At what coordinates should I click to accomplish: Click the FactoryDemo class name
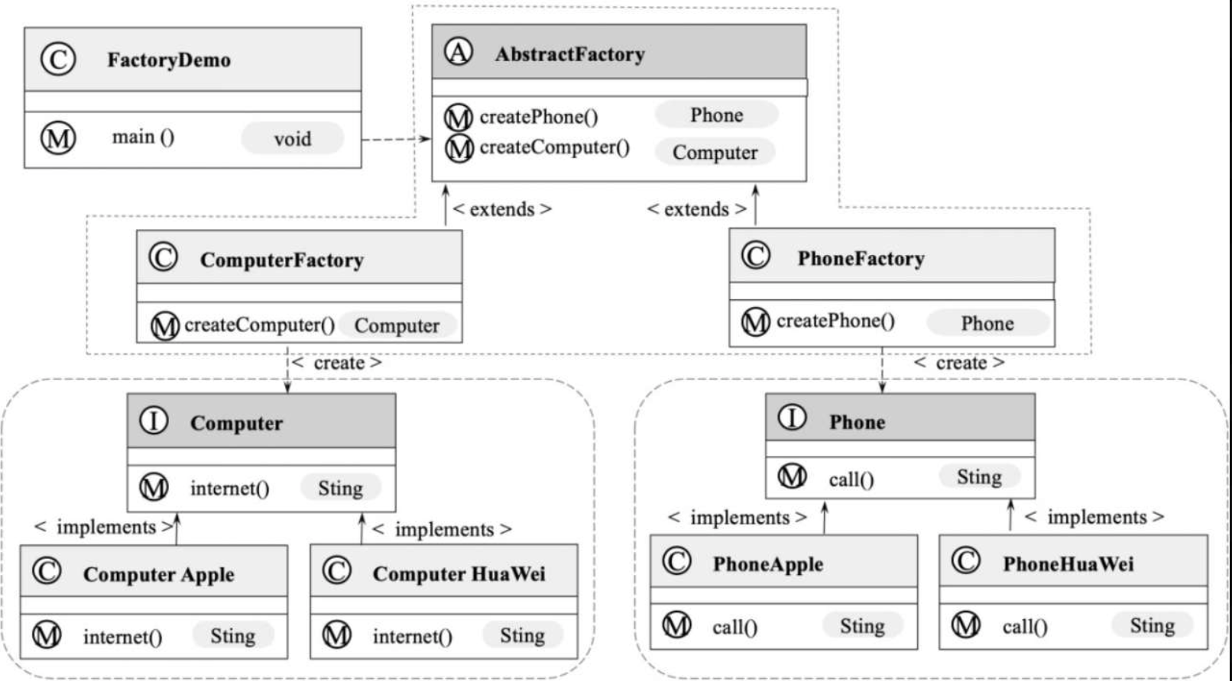(x=169, y=60)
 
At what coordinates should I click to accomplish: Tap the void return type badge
(x=293, y=138)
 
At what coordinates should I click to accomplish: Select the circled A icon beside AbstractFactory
(x=458, y=52)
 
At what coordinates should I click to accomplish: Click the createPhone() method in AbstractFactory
(x=539, y=117)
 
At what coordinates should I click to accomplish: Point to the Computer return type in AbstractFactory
(x=715, y=152)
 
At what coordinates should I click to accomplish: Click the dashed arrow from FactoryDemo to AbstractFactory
(x=396, y=139)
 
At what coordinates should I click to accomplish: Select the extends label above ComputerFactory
(x=501, y=209)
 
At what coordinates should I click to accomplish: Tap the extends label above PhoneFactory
(x=696, y=209)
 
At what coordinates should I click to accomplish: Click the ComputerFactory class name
(x=281, y=260)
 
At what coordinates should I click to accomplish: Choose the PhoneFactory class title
(x=861, y=258)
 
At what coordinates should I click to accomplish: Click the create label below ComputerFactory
(x=336, y=363)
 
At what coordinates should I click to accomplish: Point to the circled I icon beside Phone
(x=792, y=418)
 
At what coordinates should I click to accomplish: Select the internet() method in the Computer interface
(x=230, y=489)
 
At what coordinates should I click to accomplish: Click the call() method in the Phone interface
(x=851, y=479)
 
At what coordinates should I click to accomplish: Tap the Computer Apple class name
(x=158, y=574)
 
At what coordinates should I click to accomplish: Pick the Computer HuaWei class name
(x=459, y=574)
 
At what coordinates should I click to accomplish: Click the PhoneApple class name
(x=768, y=564)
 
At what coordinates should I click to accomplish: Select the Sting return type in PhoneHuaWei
(x=1153, y=625)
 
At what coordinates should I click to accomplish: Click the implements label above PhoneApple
(x=738, y=518)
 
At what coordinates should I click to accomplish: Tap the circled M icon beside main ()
(x=58, y=138)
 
